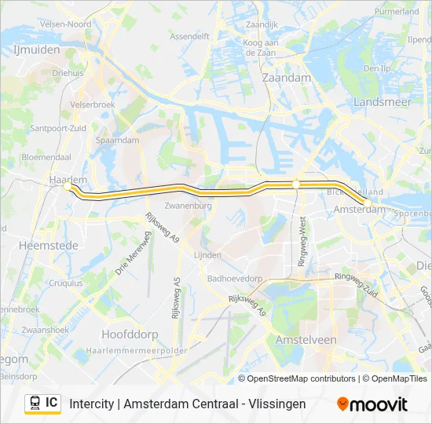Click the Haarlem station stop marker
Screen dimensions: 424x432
pyautogui.click(x=67, y=187)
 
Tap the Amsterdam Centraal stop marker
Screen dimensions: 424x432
pyautogui.click(x=368, y=203)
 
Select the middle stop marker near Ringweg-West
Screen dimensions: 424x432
pyautogui.click(x=296, y=184)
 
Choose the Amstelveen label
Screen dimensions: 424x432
pyautogui.click(x=306, y=340)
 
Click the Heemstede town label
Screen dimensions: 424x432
pyautogui.click(x=48, y=246)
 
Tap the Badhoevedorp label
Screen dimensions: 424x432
pyautogui.click(x=235, y=278)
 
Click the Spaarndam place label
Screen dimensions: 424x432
pyautogui.click(x=117, y=140)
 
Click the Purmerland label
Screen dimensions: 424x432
pyautogui.click(x=397, y=12)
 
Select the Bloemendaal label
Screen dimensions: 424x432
pyautogui.click(x=46, y=157)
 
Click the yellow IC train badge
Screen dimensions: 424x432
pyautogui.click(x=42, y=404)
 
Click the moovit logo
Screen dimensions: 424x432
pyautogui.click(x=372, y=404)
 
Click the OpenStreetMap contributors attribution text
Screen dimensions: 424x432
pyautogui.click(x=302, y=378)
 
